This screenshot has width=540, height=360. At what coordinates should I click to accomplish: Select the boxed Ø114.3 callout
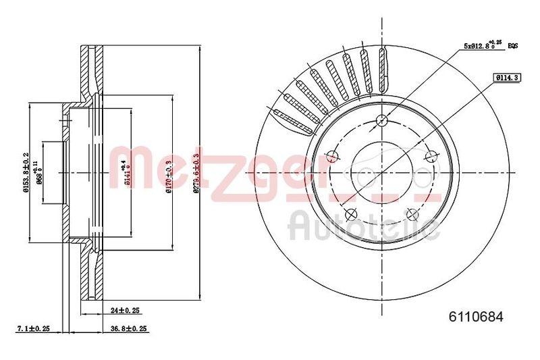(x=506, y=78)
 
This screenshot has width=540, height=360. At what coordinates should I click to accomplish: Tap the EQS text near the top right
(x=512, y=45)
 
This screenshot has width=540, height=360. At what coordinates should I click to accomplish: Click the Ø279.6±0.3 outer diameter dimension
(x=196, y=174)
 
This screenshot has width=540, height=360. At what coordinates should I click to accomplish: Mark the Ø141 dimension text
(x=123, y=173)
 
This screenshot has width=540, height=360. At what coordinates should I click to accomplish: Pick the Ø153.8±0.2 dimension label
(x=25, y=173)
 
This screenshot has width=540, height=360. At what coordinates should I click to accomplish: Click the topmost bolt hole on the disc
(x=382, y=120)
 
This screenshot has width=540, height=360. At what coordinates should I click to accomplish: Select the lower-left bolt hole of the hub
(x=350, y=215)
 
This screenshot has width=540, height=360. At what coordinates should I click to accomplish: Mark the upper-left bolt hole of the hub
(x=332, y=157)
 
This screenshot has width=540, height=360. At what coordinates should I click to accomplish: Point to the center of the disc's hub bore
(x=382, y=172)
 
